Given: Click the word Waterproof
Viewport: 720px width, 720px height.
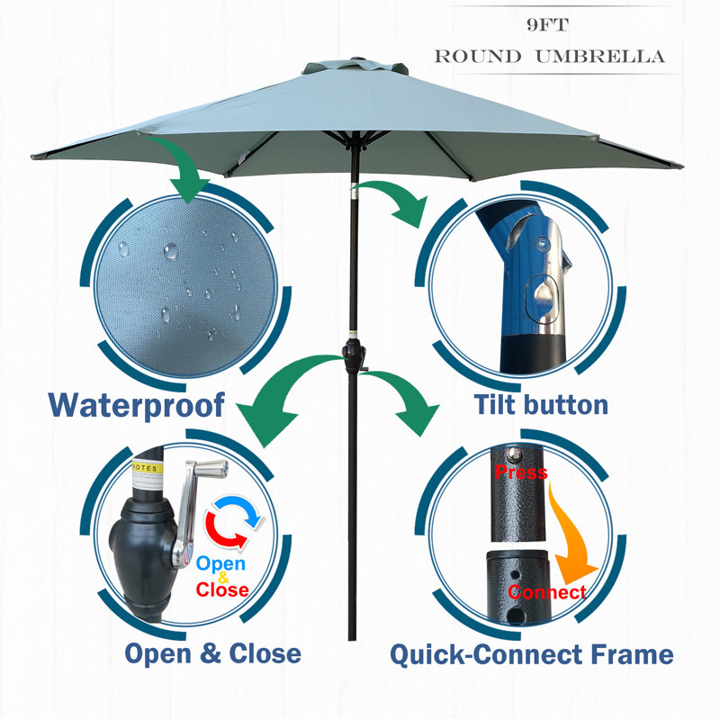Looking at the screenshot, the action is pos(137,406).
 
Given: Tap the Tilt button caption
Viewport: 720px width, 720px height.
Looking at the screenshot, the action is pos(541,404).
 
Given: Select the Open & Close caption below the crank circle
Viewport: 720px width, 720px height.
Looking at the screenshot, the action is pos(213,653).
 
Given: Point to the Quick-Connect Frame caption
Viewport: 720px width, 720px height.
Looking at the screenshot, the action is pos(532,654).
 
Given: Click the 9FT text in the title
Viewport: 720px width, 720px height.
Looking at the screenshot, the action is pos(548,25).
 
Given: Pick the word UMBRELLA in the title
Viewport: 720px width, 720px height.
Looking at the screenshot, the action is pos(600,57).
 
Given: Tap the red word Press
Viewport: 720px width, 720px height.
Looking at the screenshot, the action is pos(521,472).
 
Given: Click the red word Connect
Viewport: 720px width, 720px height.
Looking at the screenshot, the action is pos(547,592).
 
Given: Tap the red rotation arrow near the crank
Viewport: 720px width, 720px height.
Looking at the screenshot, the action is pos(220,533).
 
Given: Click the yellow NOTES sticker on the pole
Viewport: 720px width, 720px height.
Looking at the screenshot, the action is pos(148,468).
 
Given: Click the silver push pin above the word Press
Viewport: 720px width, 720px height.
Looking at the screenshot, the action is pos(514,454).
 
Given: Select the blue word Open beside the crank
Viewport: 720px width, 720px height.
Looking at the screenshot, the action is pos(220,563).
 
